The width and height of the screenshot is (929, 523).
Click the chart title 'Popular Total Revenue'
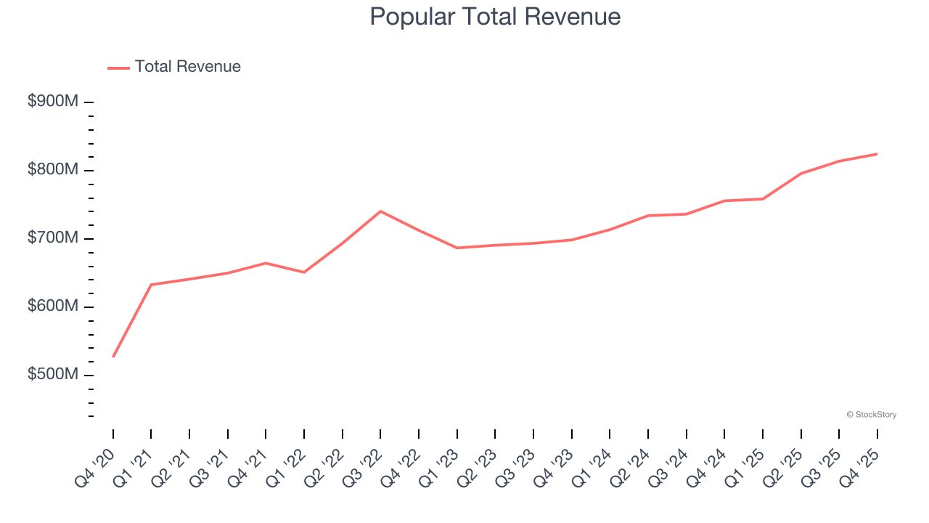(495, 17)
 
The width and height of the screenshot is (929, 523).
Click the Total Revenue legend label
(187, 67)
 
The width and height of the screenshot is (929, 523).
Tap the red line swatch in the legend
(118, 68)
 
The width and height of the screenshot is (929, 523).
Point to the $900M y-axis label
(53, 102)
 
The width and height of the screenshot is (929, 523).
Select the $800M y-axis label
(53, 170)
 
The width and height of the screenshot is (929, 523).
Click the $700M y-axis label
(53, 238)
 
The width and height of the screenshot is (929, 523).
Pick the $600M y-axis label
(53, 307)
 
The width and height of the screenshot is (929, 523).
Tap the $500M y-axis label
(53, 375)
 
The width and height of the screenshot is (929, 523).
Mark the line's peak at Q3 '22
(380, 211)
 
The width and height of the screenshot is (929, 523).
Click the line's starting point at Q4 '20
(113, 357)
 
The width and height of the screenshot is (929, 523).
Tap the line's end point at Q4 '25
(877, 154)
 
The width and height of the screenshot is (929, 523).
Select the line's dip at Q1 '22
(304, 272)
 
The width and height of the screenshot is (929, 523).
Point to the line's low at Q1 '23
(457, 248)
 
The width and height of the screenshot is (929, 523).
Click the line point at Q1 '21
(151, 285)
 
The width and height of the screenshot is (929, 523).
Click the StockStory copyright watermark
(871, 415)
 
